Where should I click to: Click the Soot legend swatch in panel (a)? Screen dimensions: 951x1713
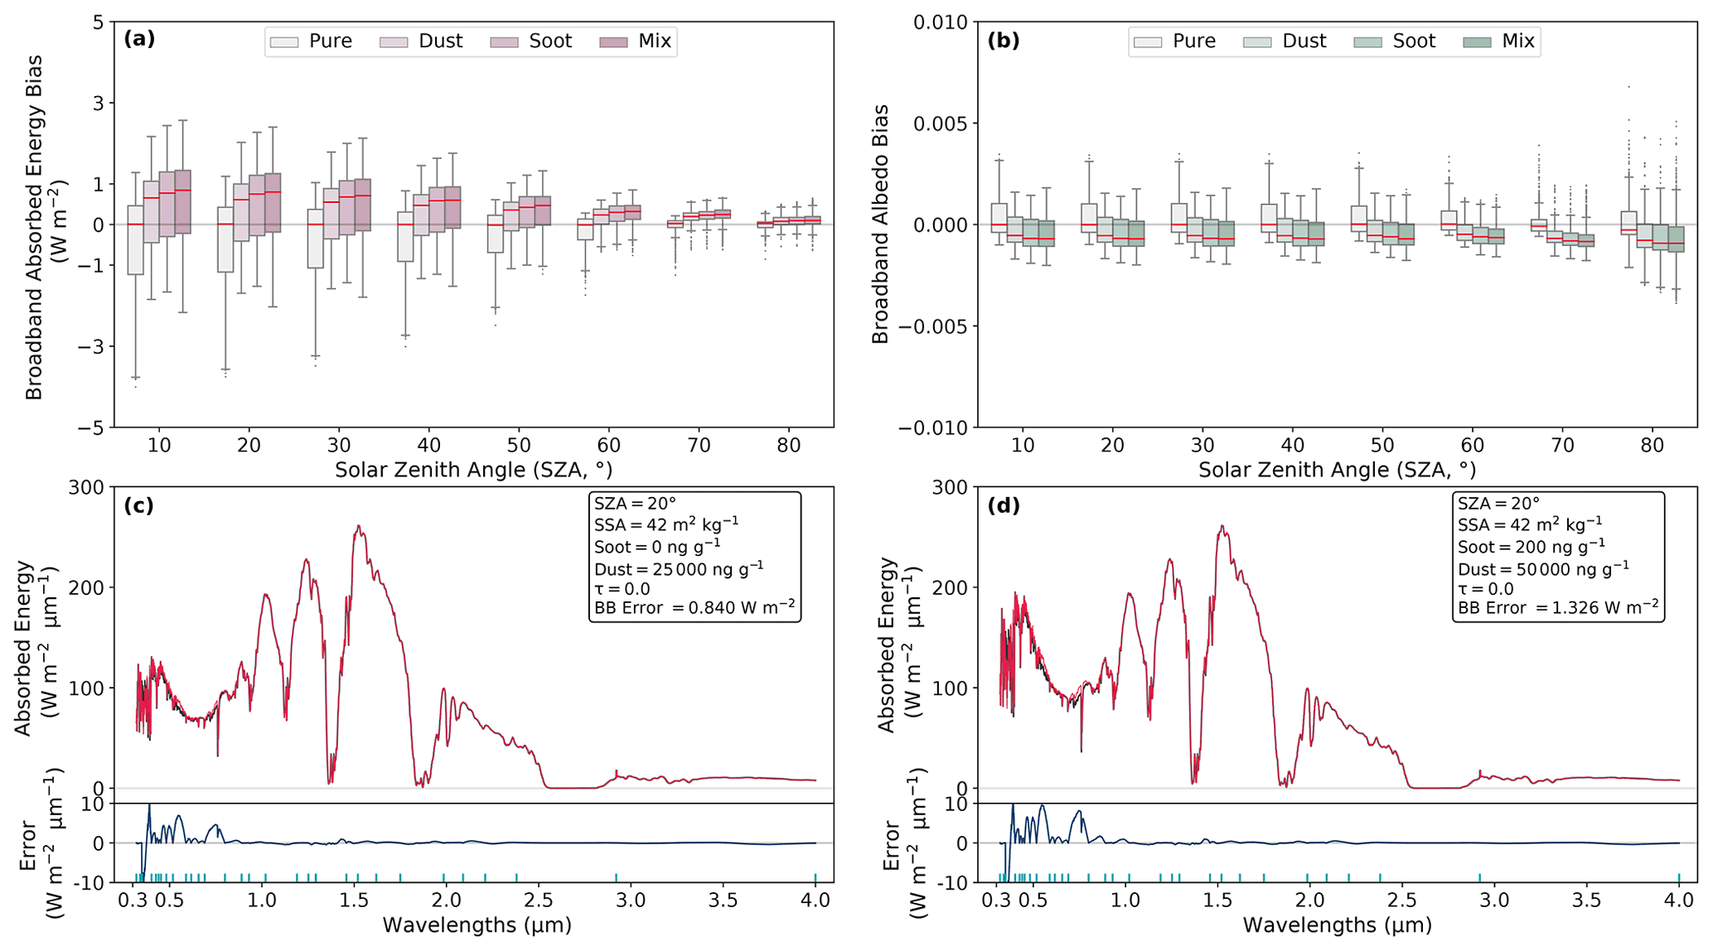[504, 42]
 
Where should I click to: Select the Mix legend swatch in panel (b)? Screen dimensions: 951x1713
[1477, 42]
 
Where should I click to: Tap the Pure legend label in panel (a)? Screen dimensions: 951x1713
[330, 41]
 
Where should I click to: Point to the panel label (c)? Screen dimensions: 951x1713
[138, 505]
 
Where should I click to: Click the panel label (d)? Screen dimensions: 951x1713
[1003, 505]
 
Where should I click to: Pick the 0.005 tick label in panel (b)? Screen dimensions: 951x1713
[940, 123]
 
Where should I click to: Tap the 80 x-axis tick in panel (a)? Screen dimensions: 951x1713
[788, 446]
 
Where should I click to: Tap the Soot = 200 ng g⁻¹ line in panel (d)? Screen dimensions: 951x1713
[1532, 547]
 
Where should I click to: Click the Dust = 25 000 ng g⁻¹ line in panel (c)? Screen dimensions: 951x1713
[679, 568]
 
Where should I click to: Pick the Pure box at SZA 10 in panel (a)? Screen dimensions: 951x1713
[135, 239]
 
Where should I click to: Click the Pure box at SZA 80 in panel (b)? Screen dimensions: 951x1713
[1628, 223]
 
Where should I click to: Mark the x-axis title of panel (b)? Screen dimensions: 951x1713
[1337, 471]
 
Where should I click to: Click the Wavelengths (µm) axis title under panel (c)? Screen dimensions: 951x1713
[477, 925]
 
